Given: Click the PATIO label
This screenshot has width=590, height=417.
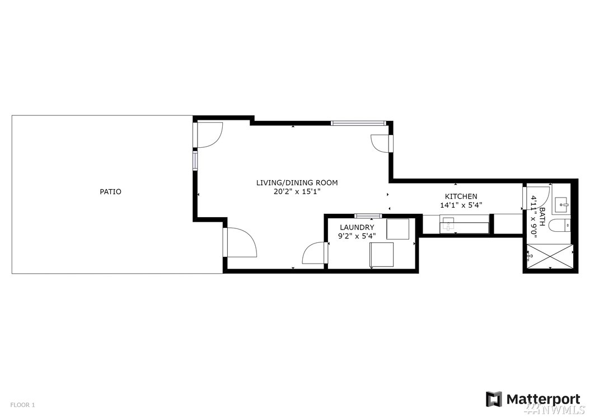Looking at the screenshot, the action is click(110, 191).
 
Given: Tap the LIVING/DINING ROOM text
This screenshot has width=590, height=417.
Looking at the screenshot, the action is click(297, 183).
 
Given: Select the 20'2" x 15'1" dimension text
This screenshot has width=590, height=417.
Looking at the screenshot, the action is click(297, 191).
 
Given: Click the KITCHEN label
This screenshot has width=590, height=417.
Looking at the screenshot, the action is click(461, 196).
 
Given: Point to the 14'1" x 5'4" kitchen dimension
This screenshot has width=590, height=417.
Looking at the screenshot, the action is click(461, 205).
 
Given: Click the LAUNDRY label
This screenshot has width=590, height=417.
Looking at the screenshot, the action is click(357, 227).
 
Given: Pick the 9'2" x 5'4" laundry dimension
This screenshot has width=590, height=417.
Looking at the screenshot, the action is click(357, 236).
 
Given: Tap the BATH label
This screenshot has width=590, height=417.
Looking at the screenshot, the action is click(542, 217).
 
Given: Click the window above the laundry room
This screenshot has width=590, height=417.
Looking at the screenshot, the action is click(368, 215).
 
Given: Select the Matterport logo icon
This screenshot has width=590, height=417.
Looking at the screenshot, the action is click(494, 399).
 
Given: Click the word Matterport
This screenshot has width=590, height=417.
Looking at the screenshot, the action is click(544, 399).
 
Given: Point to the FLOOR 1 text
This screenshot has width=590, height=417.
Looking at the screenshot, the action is click(22, 405).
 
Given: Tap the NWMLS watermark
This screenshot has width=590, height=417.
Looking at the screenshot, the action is click(556, 409).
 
